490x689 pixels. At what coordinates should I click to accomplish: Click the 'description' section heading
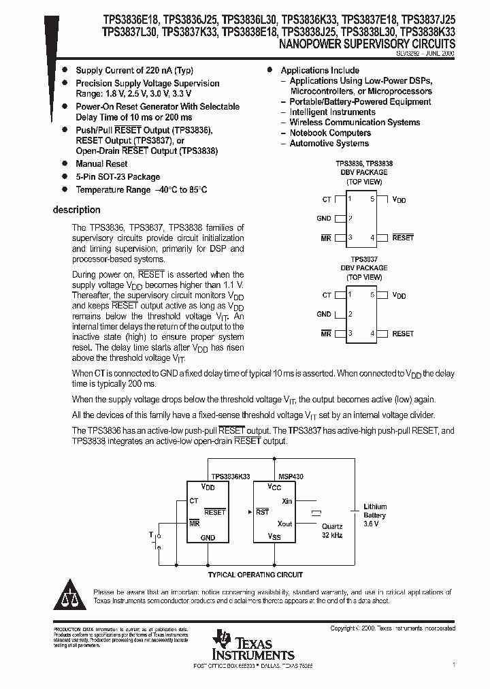click(x=76, y=210)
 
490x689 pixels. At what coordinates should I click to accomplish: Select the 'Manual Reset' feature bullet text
click(x=101, y=163)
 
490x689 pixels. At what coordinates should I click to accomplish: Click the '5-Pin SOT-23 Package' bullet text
click(x=118, y=176)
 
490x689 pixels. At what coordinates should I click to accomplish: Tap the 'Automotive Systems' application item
click(x=329, y=144)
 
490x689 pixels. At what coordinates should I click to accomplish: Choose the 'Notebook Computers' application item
click(x=329, y=133)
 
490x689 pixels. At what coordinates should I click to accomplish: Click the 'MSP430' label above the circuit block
click(x=291, y=477)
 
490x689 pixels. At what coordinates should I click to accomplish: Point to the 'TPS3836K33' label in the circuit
click(x=231, y=477)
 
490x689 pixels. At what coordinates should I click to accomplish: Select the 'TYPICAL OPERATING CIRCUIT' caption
click(x=255, y=575)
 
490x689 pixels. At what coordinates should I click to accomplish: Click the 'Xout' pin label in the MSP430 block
click(x=284, y=524)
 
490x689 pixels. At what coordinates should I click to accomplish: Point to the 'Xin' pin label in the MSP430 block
click(x=287, y=500)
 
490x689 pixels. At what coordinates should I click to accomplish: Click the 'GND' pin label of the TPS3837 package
click(x=324, y=315)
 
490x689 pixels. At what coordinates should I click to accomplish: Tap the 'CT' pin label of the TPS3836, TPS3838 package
click(x=327, y=199)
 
